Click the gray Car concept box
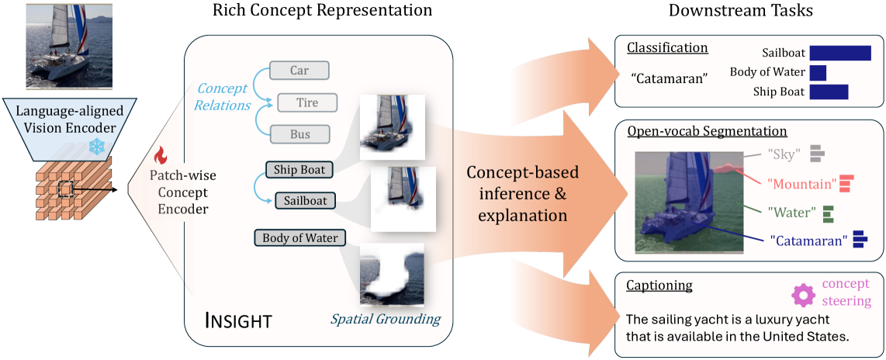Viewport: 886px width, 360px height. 299,71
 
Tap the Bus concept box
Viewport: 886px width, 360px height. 299,134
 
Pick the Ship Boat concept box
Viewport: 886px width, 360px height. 299,169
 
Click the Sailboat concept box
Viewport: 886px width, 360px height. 305,201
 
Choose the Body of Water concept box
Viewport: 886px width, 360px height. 300,238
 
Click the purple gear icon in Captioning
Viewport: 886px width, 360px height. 804,295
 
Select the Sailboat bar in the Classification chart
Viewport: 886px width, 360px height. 840,53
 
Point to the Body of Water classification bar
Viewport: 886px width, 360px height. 818,73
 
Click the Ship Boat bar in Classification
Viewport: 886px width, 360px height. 829,92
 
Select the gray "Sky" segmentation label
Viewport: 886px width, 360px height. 784,154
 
